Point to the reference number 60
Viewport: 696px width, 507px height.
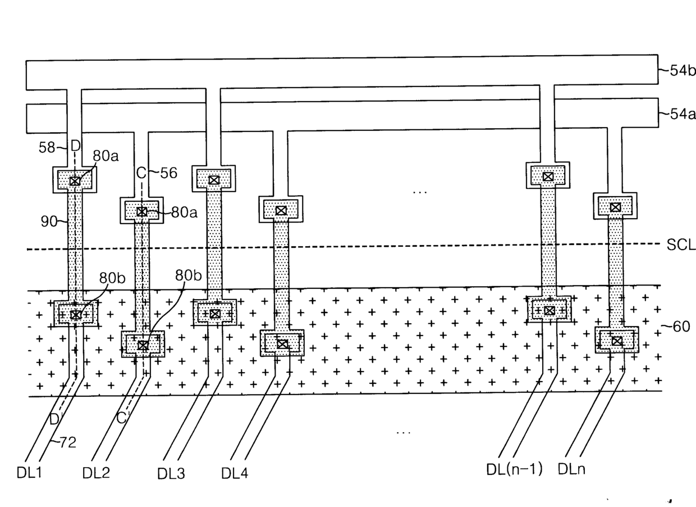click(x=681, y=327)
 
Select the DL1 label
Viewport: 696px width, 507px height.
click(x=29, y=473)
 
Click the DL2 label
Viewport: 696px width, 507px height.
click(x=96, y=473)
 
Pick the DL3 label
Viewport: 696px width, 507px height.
click(x=171, y=473)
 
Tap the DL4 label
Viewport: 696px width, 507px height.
click(x=235, y=473)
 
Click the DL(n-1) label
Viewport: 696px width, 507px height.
click(x=514, y=469)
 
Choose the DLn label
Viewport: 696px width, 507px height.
click(x=571, y=469)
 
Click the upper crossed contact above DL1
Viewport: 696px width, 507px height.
click(x=75, y=181)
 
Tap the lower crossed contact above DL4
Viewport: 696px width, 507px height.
click(x=282, y=344)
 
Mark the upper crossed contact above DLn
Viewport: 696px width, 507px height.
click(x=616, y=207)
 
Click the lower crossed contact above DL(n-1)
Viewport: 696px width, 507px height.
click(x=550, y=310)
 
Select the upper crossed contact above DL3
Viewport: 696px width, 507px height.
click(x=214, y=180)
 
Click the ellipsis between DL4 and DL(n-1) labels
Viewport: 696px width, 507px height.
click(x=404, y=433)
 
